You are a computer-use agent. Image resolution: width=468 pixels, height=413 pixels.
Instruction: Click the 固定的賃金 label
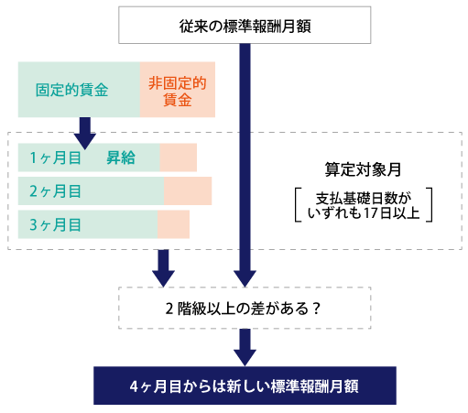tap(72, 91)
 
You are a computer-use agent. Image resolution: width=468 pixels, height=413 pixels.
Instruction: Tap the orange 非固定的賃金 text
tap(177, 91)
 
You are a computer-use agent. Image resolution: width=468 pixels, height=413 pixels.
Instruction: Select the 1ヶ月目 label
tap(55, 158)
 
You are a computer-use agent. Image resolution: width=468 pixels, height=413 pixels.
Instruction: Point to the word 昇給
tap(121, 158)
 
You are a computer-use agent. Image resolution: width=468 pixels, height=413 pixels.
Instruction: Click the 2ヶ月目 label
tap(55, 191)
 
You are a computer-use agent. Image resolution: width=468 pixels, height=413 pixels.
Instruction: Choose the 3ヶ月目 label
tap(55, 224)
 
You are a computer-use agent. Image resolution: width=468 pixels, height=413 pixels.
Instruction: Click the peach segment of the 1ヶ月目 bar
tap(179, 158)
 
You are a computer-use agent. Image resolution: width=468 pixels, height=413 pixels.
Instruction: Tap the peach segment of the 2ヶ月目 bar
tap(188, 191)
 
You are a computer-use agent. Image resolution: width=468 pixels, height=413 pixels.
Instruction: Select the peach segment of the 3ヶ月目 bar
tap(173, 224)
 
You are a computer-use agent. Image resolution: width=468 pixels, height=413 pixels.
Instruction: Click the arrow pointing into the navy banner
tap(245, 350)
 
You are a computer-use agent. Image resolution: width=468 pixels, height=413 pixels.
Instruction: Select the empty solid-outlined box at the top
tap(245, 25)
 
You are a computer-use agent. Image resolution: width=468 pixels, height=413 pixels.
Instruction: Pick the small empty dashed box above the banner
tap(245, 308)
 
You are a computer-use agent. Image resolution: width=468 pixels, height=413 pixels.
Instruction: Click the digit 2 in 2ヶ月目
tap(34, 191)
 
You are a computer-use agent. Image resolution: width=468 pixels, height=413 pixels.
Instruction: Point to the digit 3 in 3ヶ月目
tap(34, 224)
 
